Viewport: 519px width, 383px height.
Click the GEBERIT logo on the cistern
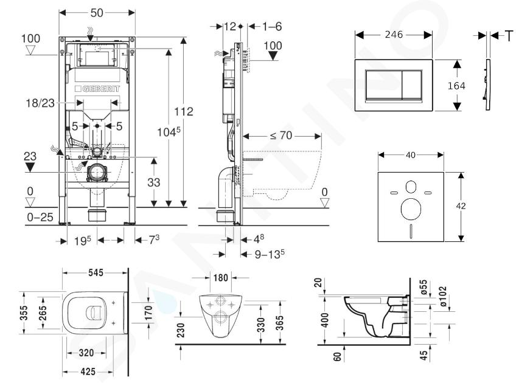click(x=97, y=89)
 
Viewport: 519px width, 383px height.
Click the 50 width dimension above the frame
click(x=97, y=13)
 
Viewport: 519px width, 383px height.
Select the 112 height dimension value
click(x=184, y=111)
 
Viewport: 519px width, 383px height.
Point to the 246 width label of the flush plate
click(x=394, y=35)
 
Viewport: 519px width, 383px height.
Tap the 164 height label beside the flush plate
click(x=456, y=86)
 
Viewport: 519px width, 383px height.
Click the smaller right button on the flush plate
click(x=412, y=85)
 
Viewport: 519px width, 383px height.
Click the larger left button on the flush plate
click(x=384, y=85)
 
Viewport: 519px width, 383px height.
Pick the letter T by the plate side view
click(x=509, y=36)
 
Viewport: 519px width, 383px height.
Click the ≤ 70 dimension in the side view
click(x=281, y=136)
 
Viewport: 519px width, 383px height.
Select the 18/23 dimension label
click(x=40, y=103)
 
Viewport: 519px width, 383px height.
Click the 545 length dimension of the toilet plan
click(x=96, y=272)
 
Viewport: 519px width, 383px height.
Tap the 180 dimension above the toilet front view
click(x=220, y=277)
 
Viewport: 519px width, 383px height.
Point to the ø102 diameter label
click(x=442, y=296)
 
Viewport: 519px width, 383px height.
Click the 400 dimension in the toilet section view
click(x=326, y=320)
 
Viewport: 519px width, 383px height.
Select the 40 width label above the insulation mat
click(x=411, y=155)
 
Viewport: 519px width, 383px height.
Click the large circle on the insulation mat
click(x=411, y=209)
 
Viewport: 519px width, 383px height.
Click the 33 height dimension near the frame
click(x=153, y=182)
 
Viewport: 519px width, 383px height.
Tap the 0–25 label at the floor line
click(x=40, y=217)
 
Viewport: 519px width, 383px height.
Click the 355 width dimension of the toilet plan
click(x=24, y=313)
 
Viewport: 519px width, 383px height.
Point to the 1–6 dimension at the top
click(x=272, y=27)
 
